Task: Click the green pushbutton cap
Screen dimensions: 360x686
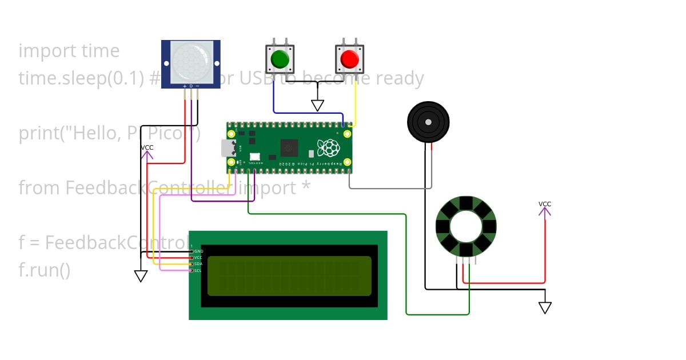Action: tap(280, 59)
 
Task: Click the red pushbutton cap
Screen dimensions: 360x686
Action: tap(349, 59)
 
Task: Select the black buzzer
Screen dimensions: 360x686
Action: tap(428, 121)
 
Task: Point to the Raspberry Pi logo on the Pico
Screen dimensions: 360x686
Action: tap(329, 148)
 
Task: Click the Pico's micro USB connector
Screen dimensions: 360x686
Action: tap(226, 149)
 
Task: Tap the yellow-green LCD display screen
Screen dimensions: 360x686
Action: tap(289, 275)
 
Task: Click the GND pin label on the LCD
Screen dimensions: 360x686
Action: tap(198, 251)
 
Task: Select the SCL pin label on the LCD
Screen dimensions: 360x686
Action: tap(198, 270)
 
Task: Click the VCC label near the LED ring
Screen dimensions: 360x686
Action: tap(545, 204)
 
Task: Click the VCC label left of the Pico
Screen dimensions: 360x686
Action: tap(147, 148)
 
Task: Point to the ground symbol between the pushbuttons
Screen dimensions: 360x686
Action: tap(317, 106)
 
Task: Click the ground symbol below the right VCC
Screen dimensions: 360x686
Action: tap(545, 308)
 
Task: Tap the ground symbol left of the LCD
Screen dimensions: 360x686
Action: tap(141, 276)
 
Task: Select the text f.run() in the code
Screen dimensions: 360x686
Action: tap(44, 270)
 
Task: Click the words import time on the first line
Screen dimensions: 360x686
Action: tap(69, 51)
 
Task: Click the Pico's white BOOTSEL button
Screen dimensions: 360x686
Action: tap(254, 156)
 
